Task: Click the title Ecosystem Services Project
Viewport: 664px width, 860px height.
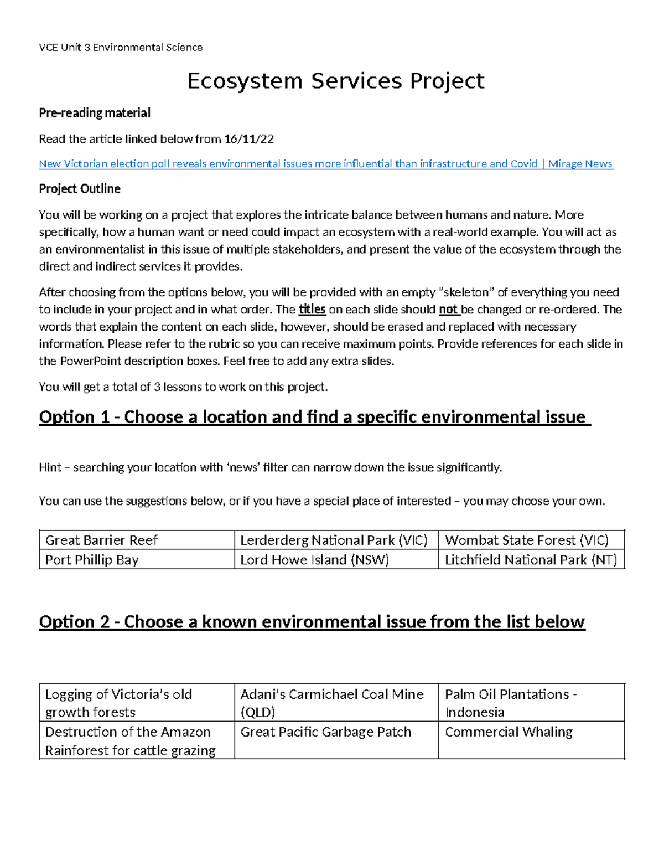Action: pos(335,81)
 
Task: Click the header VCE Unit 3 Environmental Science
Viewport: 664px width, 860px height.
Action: pos(121,48)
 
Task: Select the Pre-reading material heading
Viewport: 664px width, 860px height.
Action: pos(95,113)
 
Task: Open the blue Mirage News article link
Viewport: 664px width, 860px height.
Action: pos(326,164)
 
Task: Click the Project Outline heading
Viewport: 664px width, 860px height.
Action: pos(80,189)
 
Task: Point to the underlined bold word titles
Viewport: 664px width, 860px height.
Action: pos(312,310)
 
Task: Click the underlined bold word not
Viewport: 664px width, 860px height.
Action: pos(448,310)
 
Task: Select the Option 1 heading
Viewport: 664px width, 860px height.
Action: pos(314,417)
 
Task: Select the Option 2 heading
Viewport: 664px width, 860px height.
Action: pos(312,622)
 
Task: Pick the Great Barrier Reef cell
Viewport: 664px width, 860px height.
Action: pos(101,540)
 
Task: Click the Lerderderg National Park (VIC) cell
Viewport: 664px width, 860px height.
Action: pos(334,540)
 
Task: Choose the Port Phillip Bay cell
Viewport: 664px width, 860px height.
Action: pos(92,560)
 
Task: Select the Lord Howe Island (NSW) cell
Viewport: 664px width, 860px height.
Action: pos(314,560)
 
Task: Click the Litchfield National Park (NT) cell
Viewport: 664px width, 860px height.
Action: pos(531,560)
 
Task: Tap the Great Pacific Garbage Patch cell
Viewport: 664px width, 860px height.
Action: pos(326,732)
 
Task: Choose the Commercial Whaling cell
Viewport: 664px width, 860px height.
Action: pos(509,732)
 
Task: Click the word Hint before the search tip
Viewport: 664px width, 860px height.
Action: pos(50,468)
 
